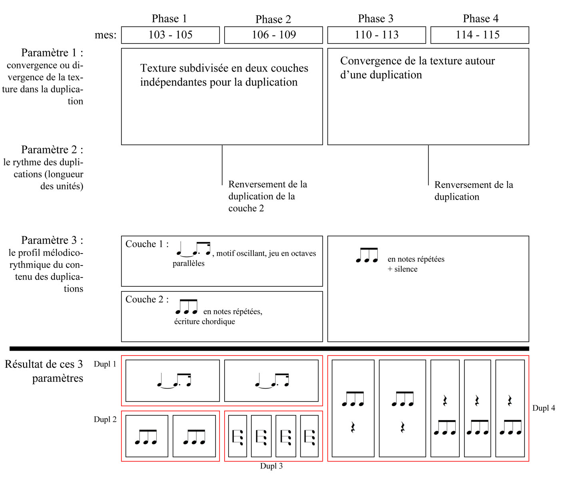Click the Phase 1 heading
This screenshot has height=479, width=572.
point(169,19)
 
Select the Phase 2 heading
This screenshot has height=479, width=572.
point(273,20)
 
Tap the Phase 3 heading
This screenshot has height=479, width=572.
point(375,19)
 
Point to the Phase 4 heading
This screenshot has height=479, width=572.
point(480,19)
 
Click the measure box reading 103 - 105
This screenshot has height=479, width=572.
point(170,35)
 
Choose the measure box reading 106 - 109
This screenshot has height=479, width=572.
point(273,35)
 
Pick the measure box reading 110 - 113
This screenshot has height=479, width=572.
point(377,35)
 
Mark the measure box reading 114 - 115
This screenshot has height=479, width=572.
point(480,35)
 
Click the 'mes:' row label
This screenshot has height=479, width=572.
point(106,35)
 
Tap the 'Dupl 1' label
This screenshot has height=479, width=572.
point(105,364)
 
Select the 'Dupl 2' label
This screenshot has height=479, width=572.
point(105,419)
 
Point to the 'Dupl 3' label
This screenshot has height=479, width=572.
point(271,466)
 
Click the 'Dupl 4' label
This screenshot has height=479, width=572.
point(544,408)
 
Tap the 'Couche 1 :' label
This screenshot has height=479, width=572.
point(147,244)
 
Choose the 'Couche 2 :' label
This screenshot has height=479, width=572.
point(147,299)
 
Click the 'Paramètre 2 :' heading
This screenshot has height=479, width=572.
point(52,150)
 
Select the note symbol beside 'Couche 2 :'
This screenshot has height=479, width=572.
point(187,307)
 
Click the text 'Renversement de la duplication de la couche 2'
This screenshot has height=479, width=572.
point(267,196)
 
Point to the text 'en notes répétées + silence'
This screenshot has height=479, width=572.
point(416,264)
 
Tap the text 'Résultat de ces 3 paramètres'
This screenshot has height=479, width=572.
point(44,371)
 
